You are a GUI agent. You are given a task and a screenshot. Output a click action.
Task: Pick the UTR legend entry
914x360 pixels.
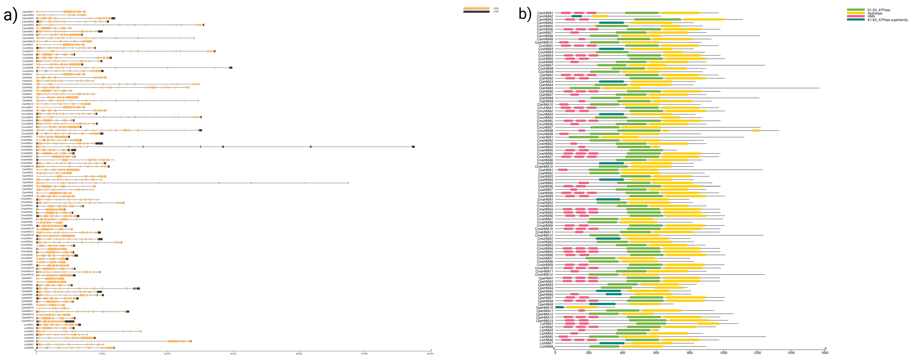pos(496,12)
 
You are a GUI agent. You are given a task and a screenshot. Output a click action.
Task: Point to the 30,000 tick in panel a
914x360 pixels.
pos(233,354)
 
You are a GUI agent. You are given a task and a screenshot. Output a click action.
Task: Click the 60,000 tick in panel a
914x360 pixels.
pos(430,354)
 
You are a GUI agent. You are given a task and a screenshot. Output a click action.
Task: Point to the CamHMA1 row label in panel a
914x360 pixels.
pos(28,12)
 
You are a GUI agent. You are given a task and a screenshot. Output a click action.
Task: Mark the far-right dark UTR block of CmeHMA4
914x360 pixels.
pos(413,146)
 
